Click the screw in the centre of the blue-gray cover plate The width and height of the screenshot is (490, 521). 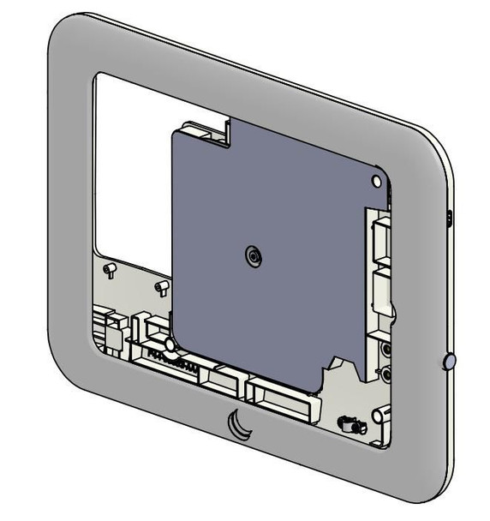pyautogui.click(x=252, y=255)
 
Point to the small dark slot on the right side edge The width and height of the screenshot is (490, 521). pyautogui.click(x=451, y=218)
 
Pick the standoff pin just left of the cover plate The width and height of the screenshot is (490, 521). pyautogui.click(x=160, y=284)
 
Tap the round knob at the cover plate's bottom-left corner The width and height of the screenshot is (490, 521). pyautogui.click(x=170, y=344)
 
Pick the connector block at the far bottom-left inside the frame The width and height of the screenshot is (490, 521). pyautogui.click(x=109, y=329)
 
